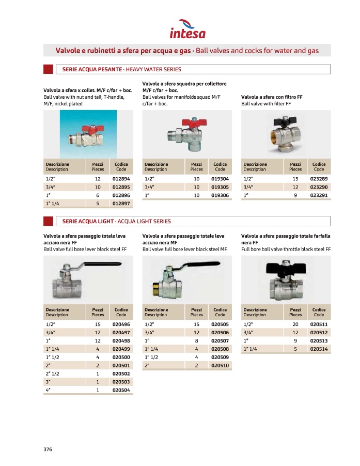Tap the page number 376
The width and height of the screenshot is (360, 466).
48,449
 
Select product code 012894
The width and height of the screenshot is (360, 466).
121,178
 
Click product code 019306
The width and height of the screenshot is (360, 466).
220,195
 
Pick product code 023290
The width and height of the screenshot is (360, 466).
319,187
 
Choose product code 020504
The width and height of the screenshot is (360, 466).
121,391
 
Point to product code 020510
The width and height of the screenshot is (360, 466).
220,365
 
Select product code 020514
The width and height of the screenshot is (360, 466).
319,349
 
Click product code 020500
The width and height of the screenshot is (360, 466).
121,357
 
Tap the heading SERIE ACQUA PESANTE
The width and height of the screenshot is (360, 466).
92,69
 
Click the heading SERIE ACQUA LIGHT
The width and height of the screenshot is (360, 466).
87,221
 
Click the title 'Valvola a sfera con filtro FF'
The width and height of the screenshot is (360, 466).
272,97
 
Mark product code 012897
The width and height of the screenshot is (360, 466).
121,204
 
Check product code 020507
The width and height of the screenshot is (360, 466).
220,340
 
